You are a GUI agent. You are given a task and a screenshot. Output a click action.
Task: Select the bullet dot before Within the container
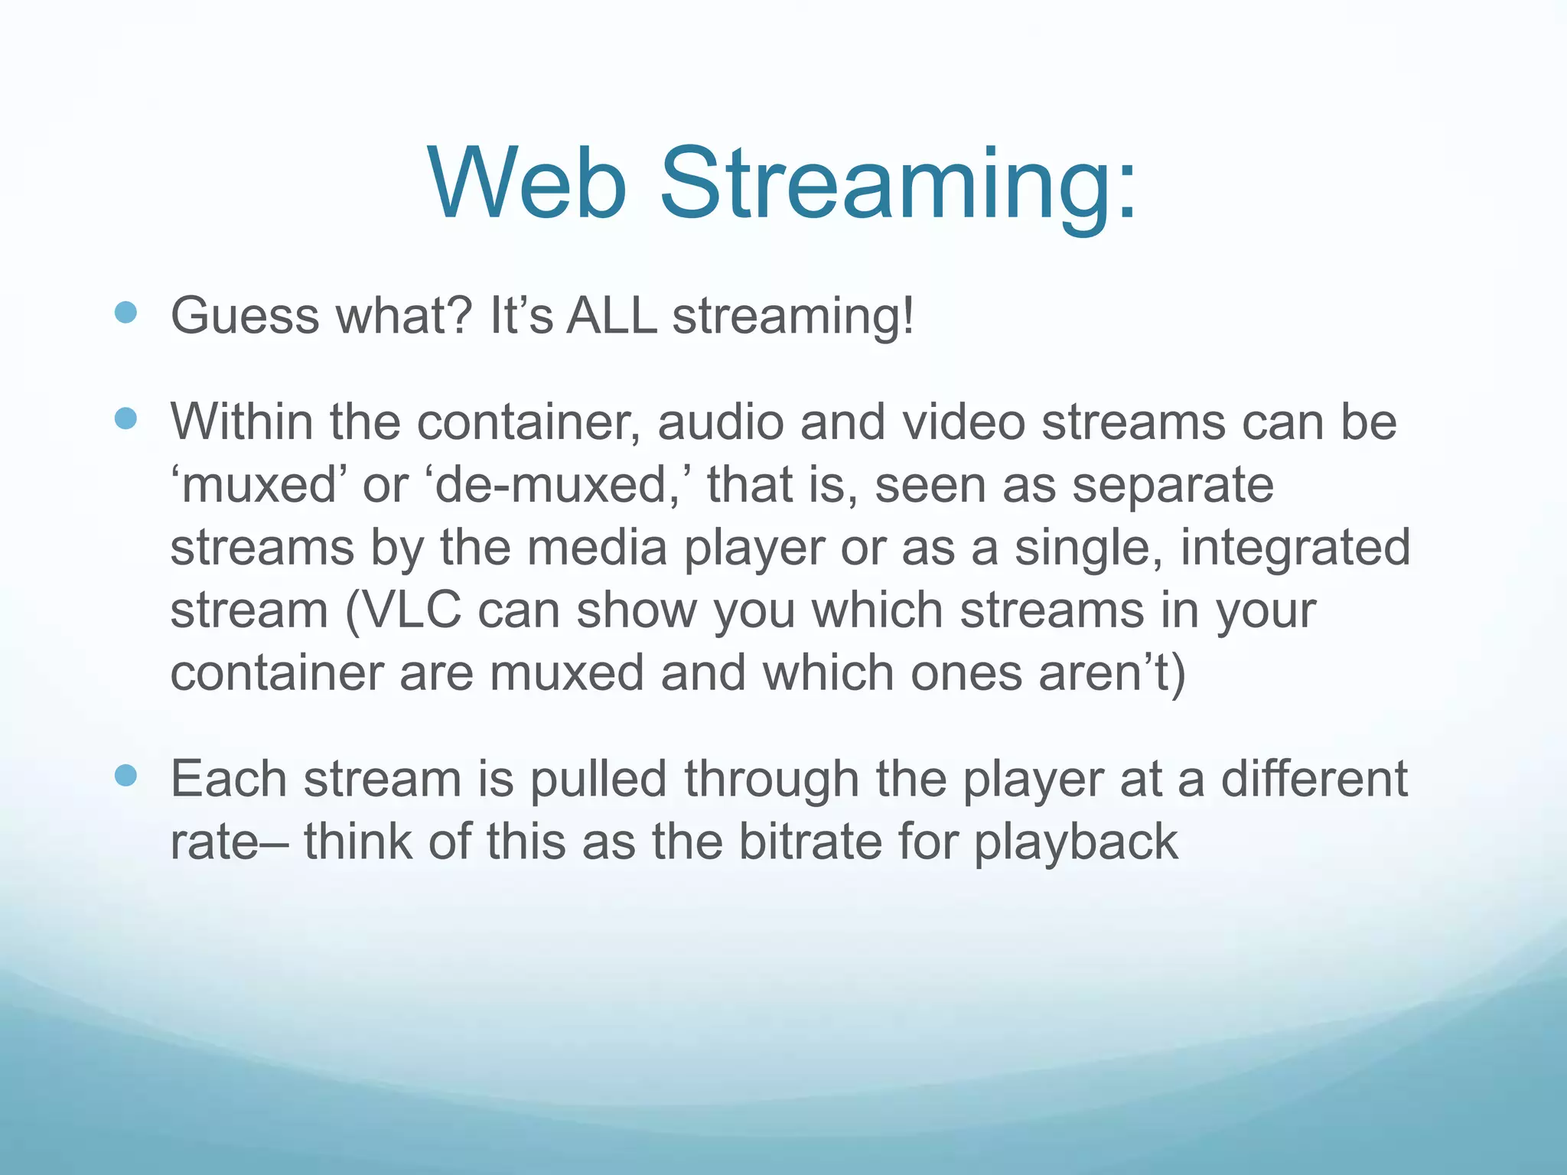point(125,418)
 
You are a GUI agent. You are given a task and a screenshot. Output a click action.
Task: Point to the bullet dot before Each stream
point(125,776)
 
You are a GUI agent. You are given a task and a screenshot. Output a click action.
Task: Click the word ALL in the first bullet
point(611,315)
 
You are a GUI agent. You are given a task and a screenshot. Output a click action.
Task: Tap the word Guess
point(244,315)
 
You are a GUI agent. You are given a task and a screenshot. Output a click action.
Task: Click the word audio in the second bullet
point(720,422)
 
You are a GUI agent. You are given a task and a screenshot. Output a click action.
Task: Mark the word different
point(1313,779)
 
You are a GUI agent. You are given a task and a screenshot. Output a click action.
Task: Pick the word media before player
point(598,548)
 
